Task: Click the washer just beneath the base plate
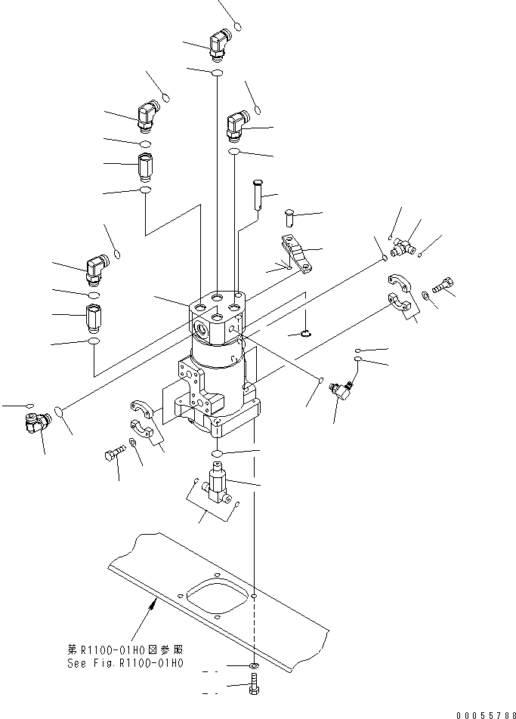pyautogui.click(x=254, y=666)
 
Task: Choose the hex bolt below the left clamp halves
pyautogui.click(x=111, y=455)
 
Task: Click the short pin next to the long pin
pyautogui.click(x=289, y=217)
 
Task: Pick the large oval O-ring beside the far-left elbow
pyautogui.click(x=61, y=413)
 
